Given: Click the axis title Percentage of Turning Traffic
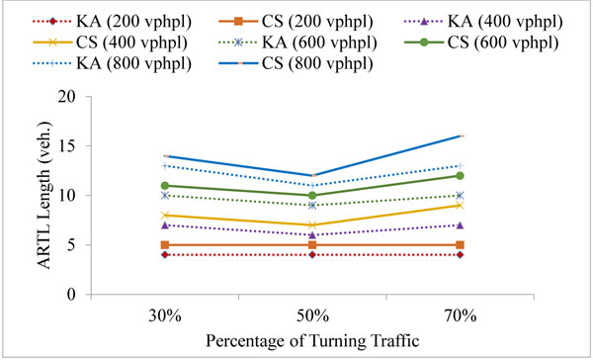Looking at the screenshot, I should (x=313, y=341).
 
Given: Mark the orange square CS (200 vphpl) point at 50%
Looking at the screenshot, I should (x=313, y=245).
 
